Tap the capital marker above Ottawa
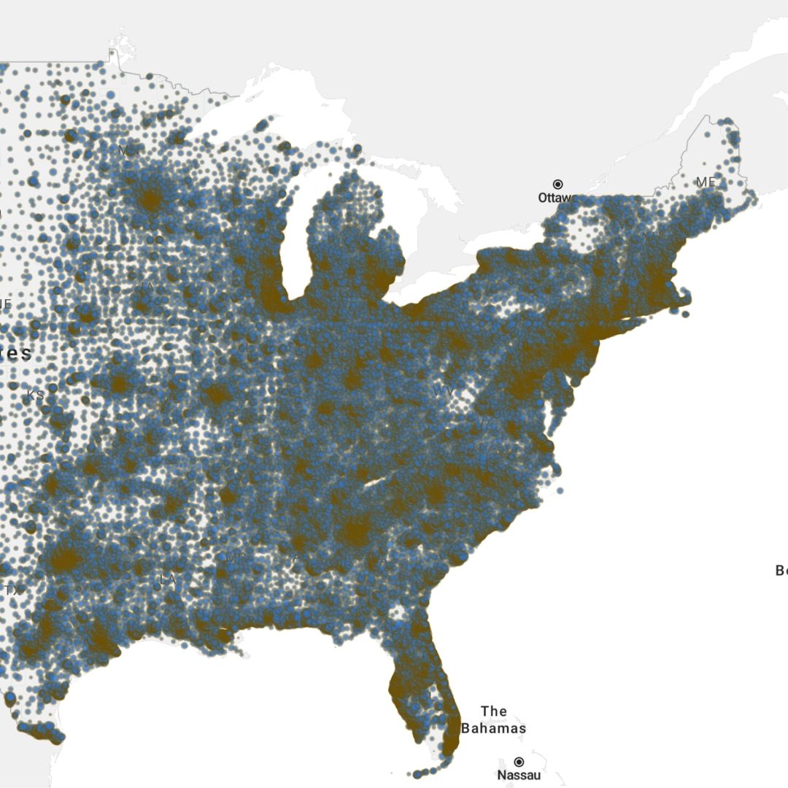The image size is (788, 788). [557, 184]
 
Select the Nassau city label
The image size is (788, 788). [519, 776]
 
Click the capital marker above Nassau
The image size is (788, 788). [519, 762]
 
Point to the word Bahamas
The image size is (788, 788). [493, 728]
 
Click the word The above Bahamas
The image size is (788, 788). [494, 711]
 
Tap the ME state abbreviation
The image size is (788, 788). [705, 182]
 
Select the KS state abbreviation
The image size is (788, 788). [35, 395]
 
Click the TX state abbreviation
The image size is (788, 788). [13, 590]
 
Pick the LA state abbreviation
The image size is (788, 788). [168, 579]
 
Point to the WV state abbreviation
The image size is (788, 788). [444, 392]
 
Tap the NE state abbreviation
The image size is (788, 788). [5, 303]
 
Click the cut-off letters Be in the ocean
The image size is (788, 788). [781, 571]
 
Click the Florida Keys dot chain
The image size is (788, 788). [427, 772]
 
